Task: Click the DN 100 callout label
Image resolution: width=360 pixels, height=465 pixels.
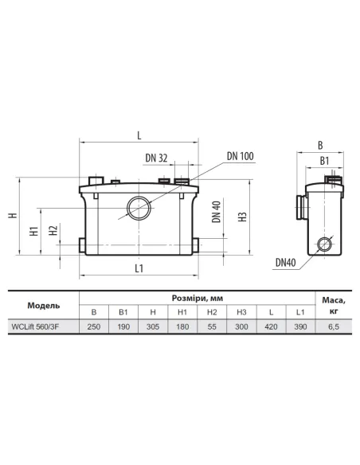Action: click(x=241, y=156)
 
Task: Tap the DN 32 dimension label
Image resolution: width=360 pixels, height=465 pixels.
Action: click(x=156, y=158)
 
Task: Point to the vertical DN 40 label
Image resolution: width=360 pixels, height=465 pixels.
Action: click(x=217, y=212)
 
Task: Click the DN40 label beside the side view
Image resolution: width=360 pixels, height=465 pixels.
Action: click(x=286, y=263)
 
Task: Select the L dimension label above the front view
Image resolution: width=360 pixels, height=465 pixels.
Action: click(x=139, y=135)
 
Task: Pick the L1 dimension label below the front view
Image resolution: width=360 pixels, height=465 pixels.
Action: click(x=139, y=268)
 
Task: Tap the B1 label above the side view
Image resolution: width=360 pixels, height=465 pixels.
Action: click(x=324, y=161)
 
